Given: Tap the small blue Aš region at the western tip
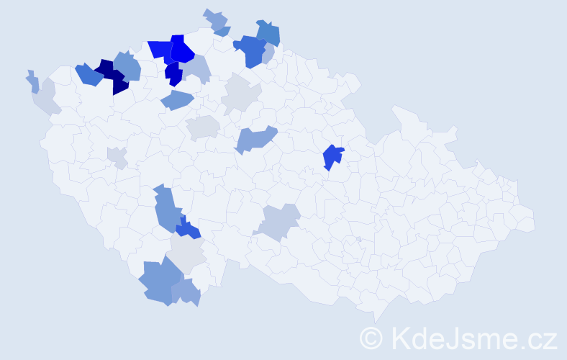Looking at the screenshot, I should click(33, 81).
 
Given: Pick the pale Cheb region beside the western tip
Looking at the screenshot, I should click(45, 99).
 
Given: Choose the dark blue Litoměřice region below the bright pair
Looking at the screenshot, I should click(173, 73).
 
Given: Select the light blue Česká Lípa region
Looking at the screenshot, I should click(196, 69).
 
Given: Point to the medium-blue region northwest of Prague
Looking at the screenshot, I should click(177, 100).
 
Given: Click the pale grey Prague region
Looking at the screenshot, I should click(202, 127).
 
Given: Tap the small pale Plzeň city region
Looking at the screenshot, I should click(117, 156).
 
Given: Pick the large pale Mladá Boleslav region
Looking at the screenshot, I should click(240, 94).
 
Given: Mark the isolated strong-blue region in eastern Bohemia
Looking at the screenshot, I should click(332, 156).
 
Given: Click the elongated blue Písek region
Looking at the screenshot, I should click(167, 210).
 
